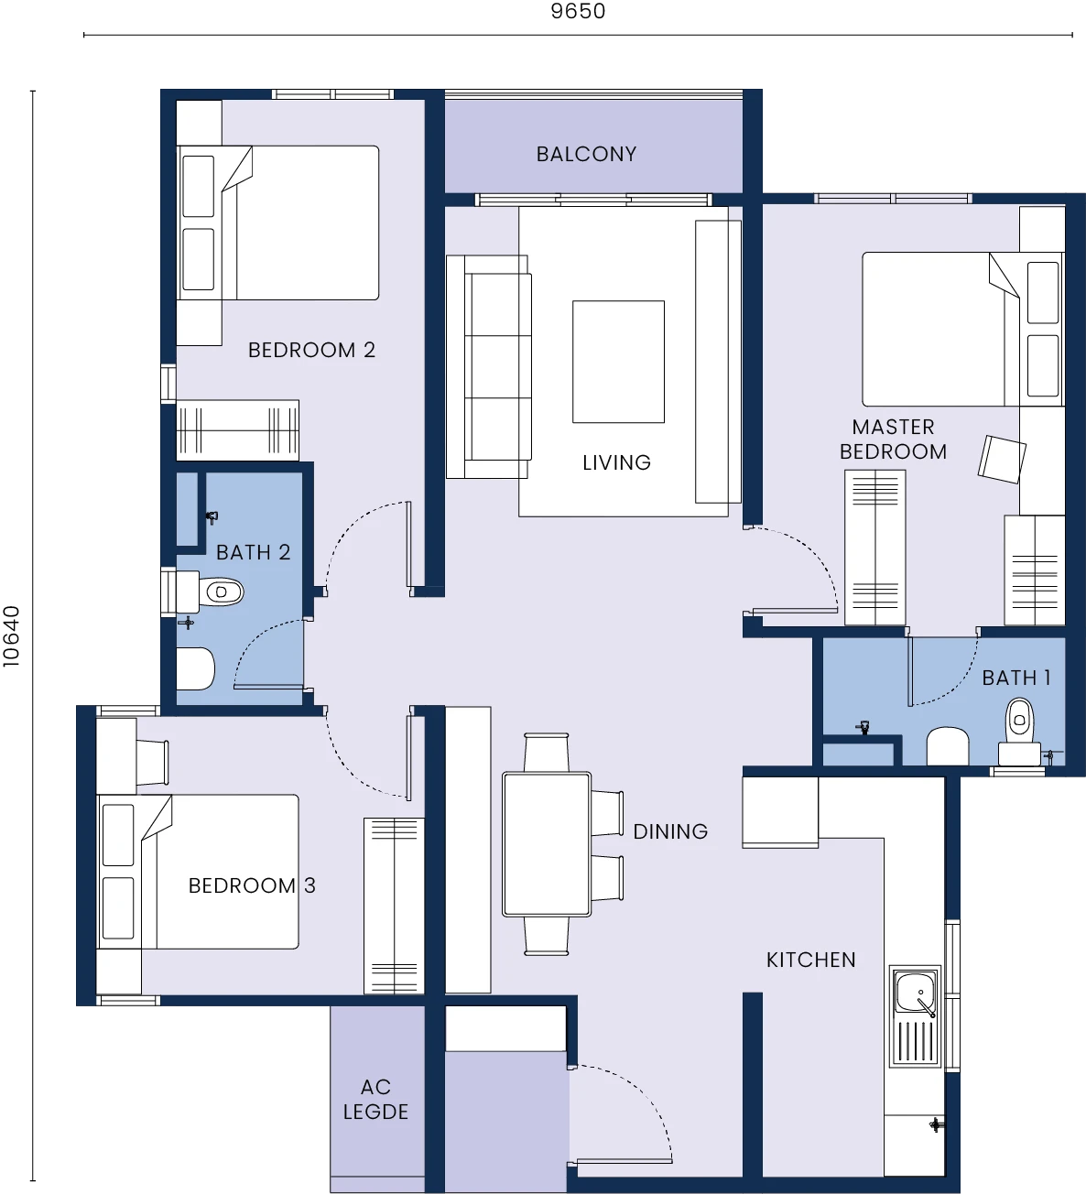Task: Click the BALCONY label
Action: [586, 154]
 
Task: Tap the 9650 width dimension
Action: [578, 11]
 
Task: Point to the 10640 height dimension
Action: [11, 636]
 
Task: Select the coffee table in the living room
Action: [618, 362]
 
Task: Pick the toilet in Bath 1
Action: [1019, 733]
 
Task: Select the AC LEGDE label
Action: [375, 1100]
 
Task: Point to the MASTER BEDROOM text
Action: [893, 440]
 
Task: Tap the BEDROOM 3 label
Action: [252, 885]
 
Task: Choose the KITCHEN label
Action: [811, 961]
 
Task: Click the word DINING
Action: [670, 831]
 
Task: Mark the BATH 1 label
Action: [1016, 678]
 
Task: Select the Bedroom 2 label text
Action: [311, 350]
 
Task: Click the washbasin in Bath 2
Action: [195, 669]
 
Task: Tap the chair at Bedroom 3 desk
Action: [152, 763]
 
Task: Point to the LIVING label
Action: [617, 462]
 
